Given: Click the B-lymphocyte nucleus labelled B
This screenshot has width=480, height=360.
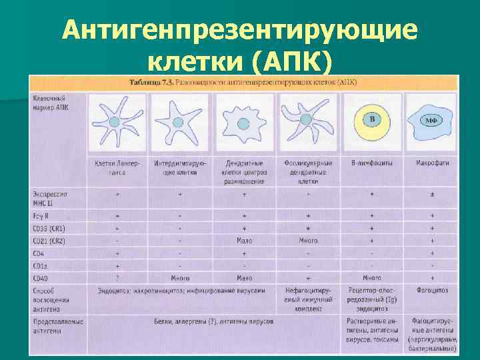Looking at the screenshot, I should pos(373,120).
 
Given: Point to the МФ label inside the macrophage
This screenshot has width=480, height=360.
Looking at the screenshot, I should pos(431,121).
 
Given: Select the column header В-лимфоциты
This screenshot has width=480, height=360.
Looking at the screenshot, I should pos(371,163).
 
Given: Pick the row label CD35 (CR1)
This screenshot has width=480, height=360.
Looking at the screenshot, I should pos(49,228).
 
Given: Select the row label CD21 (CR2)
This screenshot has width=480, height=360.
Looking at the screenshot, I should pos(49,241).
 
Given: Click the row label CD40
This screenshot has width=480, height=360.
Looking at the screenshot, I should pos(41,277).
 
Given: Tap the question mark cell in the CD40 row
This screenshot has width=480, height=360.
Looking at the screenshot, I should pos(117,277).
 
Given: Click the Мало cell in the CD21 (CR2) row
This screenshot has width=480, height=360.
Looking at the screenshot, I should pos(244,241).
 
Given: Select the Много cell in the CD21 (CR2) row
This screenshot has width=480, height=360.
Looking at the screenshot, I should pos(308,241).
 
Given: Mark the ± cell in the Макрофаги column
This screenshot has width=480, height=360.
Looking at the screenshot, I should pos(432,193).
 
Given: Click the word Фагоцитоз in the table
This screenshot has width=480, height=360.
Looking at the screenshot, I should pos(432,291).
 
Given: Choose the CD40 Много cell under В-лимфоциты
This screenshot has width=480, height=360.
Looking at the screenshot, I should pos(371,277).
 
